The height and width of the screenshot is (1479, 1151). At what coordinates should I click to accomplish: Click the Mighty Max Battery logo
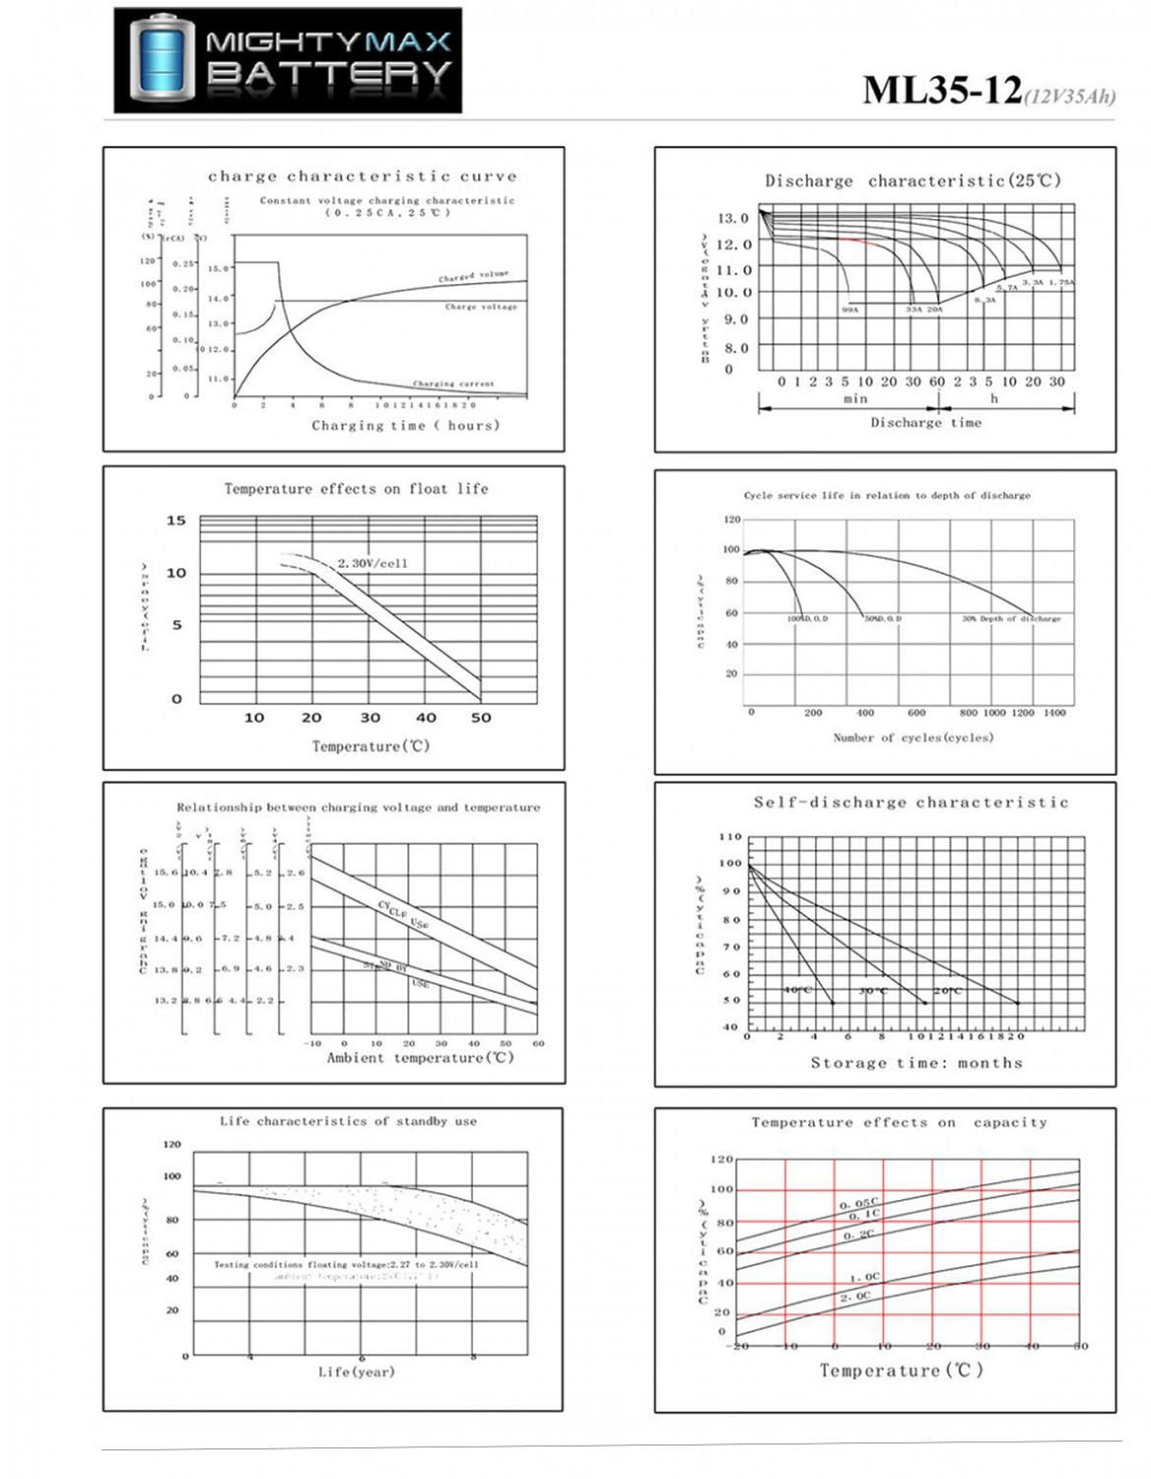[288, 60]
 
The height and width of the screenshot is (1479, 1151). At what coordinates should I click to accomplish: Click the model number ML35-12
[942, 91]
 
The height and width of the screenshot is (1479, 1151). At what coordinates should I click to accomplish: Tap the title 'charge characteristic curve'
[362, 176]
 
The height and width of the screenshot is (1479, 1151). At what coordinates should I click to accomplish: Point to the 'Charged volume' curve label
[474, 277]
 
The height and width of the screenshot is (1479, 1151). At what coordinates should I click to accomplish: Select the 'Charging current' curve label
[453, 384]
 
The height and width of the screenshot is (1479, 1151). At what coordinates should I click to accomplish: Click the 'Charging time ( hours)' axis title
[405, 426]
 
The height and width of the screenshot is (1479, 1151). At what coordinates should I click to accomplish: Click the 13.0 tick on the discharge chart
[732, 218]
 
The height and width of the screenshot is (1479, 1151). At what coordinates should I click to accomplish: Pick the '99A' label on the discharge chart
[850, 310]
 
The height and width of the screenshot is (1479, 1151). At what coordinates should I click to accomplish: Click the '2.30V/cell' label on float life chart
[372, 563]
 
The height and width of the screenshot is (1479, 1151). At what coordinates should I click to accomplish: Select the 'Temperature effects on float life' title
[356, 489]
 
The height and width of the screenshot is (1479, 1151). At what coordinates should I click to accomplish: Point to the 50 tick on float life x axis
[481, 718]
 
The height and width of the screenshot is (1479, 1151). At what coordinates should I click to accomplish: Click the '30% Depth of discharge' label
[1011, 619]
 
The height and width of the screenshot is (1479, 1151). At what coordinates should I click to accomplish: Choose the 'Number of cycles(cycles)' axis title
[913, 738]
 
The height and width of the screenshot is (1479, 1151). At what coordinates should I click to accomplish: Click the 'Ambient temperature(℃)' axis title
[421, 1058]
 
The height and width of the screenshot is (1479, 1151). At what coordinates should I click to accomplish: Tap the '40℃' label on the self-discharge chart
[798, 990]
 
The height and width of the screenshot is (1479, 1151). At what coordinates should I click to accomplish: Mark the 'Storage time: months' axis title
[916, 1063]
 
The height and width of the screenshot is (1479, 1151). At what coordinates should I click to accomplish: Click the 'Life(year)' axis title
[356, 1372]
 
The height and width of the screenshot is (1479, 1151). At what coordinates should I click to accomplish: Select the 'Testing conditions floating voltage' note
[346, 1264]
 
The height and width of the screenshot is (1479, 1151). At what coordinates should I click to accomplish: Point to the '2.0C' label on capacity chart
[855, 1297]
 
